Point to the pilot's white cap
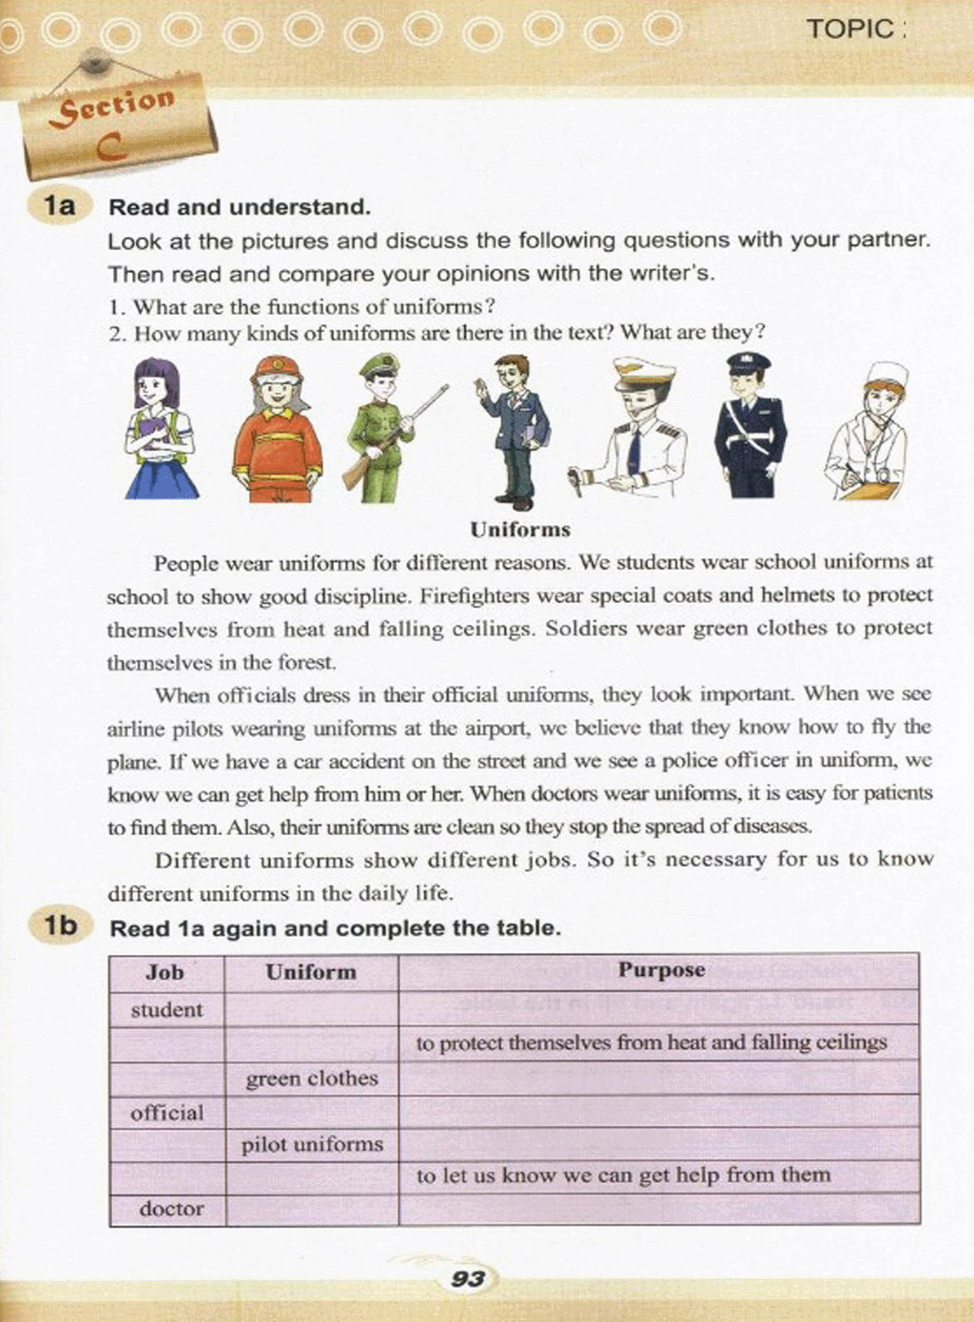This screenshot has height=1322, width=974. pyautogui.click(x=644, y=372)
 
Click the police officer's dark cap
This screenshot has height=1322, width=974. pyautogui.click(x=749, y=362)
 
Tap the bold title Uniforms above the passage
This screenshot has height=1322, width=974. pyautogui.click(x=519, y=530)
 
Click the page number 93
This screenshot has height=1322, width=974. pyautogui.click(x=468, y=1279)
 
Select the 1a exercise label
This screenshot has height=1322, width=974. pyautogui.click(x=59, y=205)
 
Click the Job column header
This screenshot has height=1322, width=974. pyautogui.click(x=166, y=972)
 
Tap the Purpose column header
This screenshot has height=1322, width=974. pyautogui.click(x=661, y=970)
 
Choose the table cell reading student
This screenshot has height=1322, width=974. pyautogui.click(x=166, y=1010)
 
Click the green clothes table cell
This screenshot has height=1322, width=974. pyautogui.click(x=311, y=1079)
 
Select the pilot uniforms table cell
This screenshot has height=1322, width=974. pyautogui.click(x=311, y=1144)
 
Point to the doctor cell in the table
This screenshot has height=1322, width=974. pyautogui.click(x=171, y=1209)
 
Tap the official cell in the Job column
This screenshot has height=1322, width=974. pyautogui.click(x=167, y=1112)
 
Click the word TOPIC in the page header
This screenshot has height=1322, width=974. pyautogui.click(x=850, y=29)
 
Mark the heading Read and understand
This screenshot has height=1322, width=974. pyautogui.click(x=240, y=207)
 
